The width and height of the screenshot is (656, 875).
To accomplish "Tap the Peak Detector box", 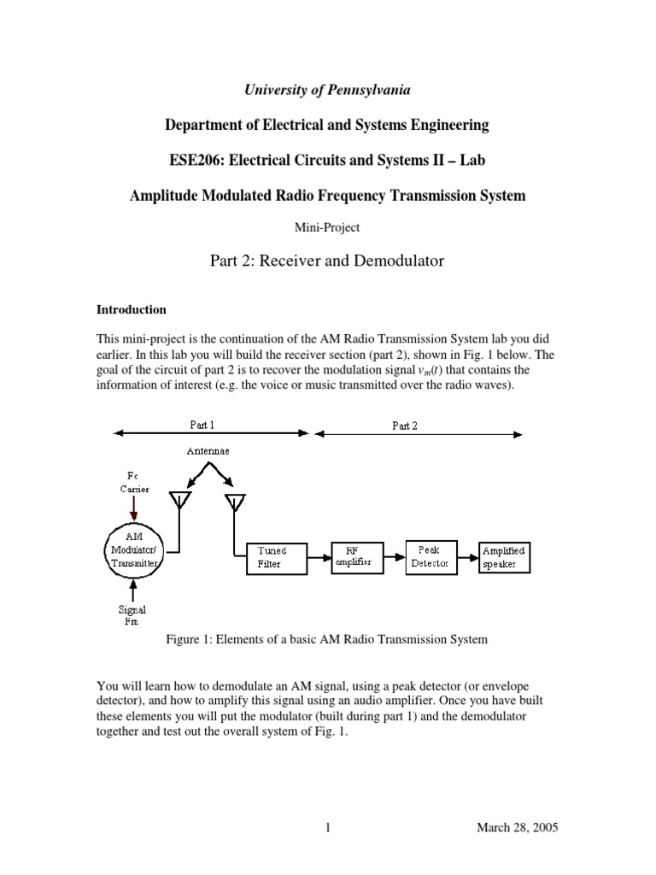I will coord(431,556).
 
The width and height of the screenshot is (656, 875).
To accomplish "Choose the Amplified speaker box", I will coord(503,557).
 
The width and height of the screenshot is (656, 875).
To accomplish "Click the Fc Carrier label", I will coord(133,483).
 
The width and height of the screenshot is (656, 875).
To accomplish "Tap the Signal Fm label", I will coord(133,615).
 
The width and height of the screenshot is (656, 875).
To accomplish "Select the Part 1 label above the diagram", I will coord(202,425).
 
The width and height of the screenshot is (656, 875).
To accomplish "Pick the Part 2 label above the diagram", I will coord(405,425).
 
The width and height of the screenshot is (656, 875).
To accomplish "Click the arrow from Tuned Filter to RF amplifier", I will coord(318,558).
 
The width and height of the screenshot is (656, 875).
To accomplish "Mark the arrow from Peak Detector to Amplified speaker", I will coord(466,561).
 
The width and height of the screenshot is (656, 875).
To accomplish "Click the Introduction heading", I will coord(132,309).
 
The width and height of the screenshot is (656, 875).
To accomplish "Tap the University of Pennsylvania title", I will coord(327,89).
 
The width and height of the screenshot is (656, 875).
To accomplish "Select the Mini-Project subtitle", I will coord(327,228).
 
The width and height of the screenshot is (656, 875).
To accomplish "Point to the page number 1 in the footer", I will coord(327,828).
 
